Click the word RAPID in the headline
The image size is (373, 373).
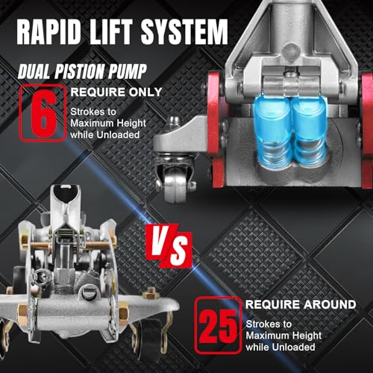49,31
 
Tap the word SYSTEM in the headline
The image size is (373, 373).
184,31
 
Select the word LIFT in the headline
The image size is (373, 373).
111,31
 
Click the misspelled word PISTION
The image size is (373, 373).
81,72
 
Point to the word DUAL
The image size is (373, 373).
34,72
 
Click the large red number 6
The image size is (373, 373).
43,113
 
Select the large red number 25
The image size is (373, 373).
218,326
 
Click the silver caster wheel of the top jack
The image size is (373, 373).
176,186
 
